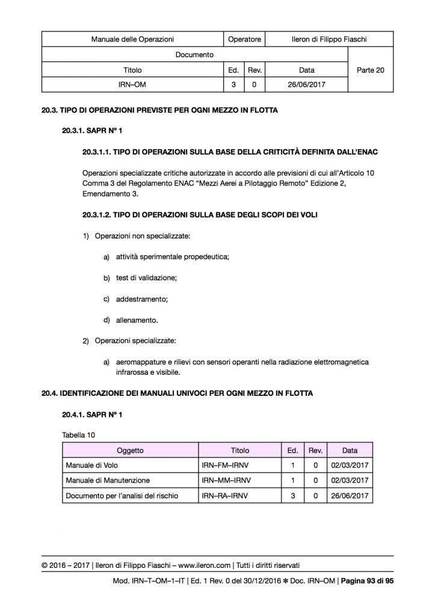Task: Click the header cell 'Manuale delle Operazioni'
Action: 132,40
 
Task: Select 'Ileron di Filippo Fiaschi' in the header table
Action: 324,40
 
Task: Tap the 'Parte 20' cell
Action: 370,70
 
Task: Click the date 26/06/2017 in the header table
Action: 306,85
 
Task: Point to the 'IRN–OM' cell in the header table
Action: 132,85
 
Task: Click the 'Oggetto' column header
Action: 130,450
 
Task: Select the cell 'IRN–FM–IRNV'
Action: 226,466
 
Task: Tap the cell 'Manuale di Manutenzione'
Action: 108,481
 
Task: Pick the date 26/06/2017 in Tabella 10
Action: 349,496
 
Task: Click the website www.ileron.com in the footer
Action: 205,565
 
